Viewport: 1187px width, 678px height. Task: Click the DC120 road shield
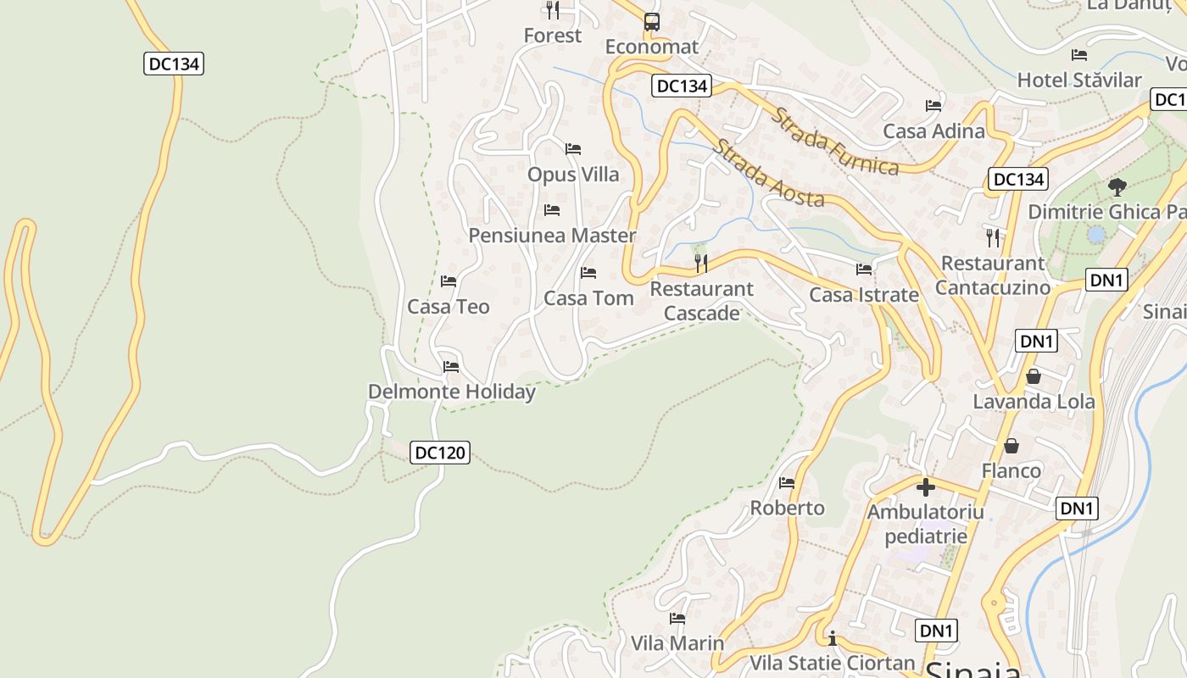pyautogui.click(x=440, y=453)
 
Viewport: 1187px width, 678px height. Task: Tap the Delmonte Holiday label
pyautogui.click(x=451, y=392)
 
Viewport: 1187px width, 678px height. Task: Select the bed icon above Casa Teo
pyautogui.click(x=449, y=281)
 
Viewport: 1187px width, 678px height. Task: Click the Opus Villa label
pyautogui.click(x=573, y=175)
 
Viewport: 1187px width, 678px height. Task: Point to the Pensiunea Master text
pyautogui.click(x=552, y=236)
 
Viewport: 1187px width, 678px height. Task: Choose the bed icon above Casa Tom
pyautogui.click(x=588, y=273)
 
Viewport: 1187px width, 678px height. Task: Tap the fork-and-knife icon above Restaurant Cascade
pyautogui.click(x=701, y=264)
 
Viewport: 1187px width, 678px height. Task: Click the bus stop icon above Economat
pyautogui.click(x=651, y=22)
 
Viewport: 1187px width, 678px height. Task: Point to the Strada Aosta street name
pyautogui.click(x=768, y=173)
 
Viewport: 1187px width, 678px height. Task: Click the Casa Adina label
pyautogui.click(x=933, y=131)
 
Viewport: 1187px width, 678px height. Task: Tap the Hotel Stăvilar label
pyautogui.click(x=1079, y=81)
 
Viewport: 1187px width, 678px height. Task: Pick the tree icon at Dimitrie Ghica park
pyautogui.click(x=1117, y=186)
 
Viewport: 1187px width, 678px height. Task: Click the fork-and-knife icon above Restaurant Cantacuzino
pyautogui.click(x=993, y=237)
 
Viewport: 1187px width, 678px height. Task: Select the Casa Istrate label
pyautogui.click(x=864, y=295)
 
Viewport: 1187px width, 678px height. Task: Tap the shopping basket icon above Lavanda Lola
pyautogui.click(x=1033, y=376)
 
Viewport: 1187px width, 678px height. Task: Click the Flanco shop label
pyautogui.click(x=1011, y=470)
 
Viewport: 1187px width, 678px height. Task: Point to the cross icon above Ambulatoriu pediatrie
pyautogui.click(x=926, y=487)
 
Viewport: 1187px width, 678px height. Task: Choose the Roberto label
pyautogui.click(x=787, y=508)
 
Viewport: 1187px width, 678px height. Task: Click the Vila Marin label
pyautogui.click(x=677, y=643)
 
